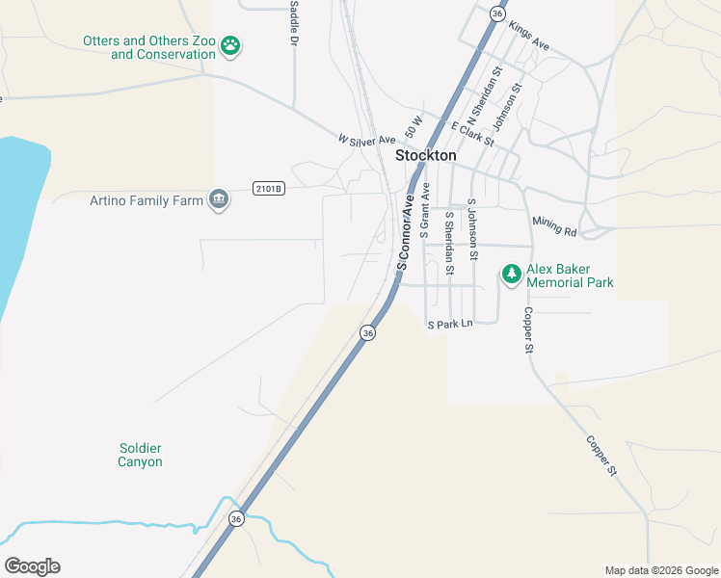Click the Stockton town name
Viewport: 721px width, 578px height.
(425, 155)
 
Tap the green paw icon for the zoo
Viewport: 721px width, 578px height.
(230, 45)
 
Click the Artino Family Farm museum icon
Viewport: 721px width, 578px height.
(219, 199)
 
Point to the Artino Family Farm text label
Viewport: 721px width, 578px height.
(146, 200)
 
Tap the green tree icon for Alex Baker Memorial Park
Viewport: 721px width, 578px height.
(511, 276)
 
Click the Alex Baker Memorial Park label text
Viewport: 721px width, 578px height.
(570, 276)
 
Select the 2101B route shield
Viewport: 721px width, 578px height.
(269, 189)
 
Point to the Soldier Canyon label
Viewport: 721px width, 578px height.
(140, 455)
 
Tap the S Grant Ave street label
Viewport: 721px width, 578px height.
(424, 211)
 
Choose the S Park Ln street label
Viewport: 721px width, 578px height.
(450, 325)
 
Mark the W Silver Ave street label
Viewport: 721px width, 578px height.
(366, 141)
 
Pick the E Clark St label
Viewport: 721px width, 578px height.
(471, 134)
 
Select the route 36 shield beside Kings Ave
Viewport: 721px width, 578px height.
(496, 13)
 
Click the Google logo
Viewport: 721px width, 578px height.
(32, 566)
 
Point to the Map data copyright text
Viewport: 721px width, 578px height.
(660, 570)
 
